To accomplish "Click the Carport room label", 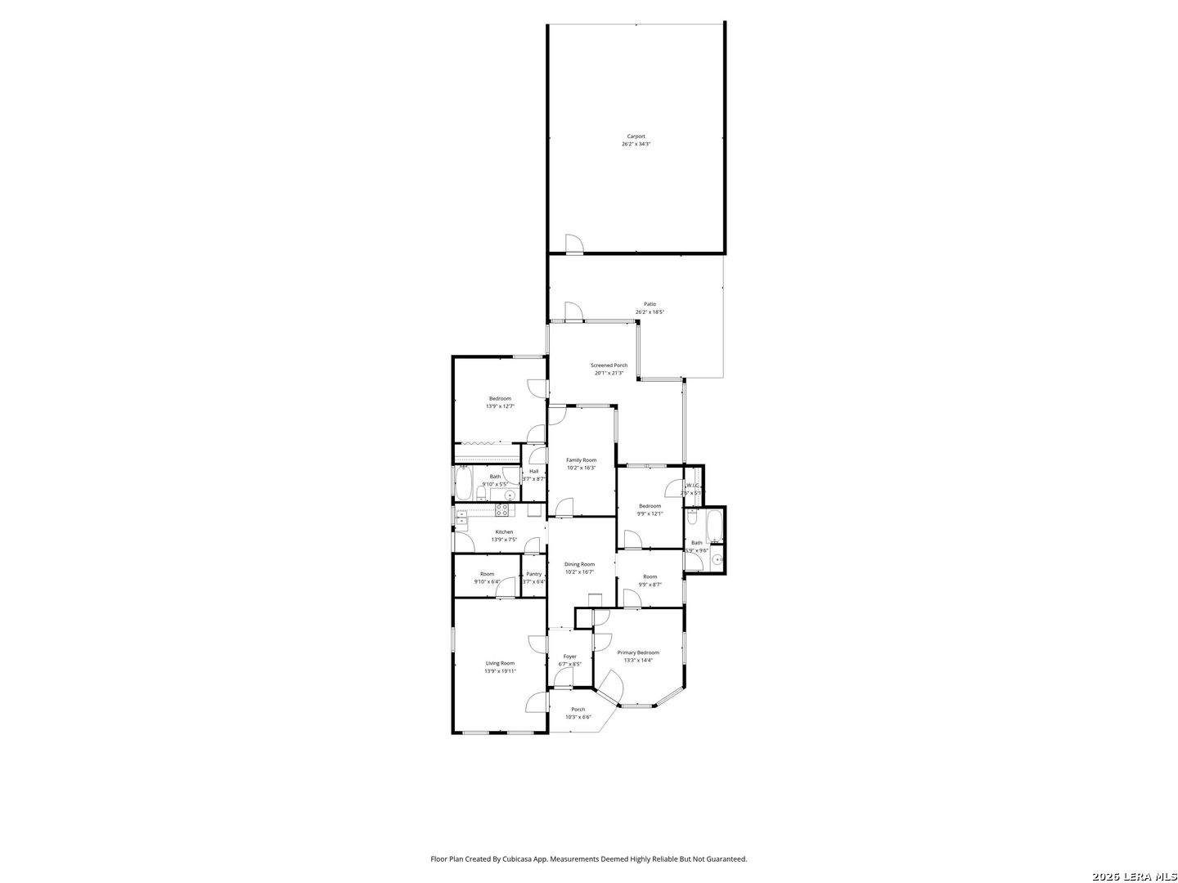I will click(x=636, y=137).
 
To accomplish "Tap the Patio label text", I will click(x=650, y=304).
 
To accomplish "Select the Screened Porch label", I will click(x=609, y=365).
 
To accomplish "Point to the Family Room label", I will click(x=582, y=460).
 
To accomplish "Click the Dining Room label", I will click(x=580, y=564).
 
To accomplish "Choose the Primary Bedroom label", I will click(x=638, y=652).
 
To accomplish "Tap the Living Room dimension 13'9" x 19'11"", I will click(x=500, y=671).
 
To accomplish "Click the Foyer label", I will click(x=570, y=657).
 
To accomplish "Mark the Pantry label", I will click(x=534, y=574).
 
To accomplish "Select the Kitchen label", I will click(x=504, y=532).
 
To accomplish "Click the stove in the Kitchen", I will click(x=503, y=509).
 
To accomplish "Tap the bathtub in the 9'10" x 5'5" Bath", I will click(x=463, y=483).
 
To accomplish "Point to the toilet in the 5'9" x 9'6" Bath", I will click(x=692, y=518).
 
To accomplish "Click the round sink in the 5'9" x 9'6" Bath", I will click(x=717, y=560).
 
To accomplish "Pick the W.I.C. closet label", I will click(x=693, y=486).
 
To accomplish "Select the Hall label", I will click(x=533, y=471).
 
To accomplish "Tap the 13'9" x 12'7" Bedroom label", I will click(x=500, y=399).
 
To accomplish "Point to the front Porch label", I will click(x=578, y=710).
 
